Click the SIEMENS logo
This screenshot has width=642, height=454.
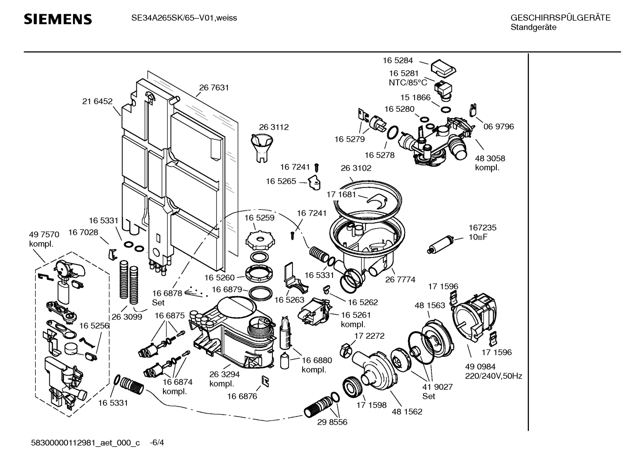(57, 19)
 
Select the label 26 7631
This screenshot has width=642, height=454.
(214, 88)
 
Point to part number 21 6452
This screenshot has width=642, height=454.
(97, 102)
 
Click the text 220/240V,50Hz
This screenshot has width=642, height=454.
(493, 376)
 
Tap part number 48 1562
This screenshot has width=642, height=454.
(407, 412)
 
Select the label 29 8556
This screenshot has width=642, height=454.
(332, 422)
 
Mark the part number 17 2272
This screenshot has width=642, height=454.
(369, 336)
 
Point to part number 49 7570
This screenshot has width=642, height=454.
(44, 235)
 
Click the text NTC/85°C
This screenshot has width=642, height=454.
(408, 82)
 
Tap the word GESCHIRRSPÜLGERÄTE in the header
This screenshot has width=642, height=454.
(560, 18)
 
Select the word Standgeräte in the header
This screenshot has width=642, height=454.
(533, 27)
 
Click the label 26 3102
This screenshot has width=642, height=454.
(356, 168)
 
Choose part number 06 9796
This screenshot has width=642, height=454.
(499, 127)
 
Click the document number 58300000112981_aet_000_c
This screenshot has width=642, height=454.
(85, 443)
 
